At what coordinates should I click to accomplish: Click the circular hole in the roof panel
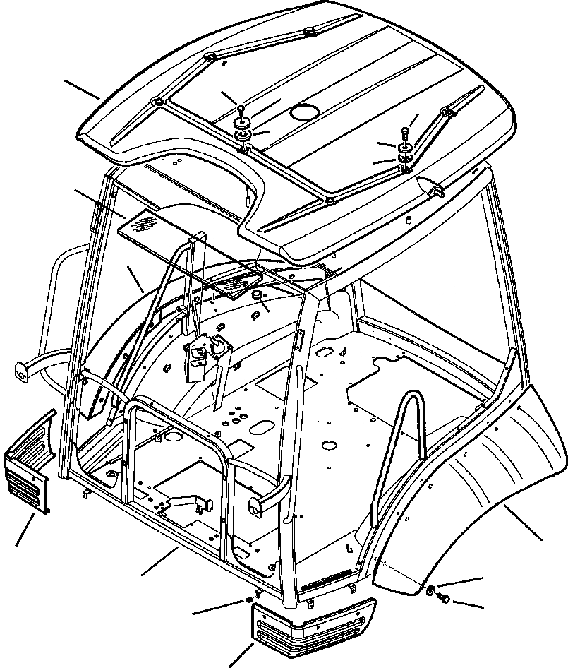[x=306, y=112]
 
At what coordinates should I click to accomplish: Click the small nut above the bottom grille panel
[x=249, y=601]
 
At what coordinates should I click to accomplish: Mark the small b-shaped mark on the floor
[x=349, y=548]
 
